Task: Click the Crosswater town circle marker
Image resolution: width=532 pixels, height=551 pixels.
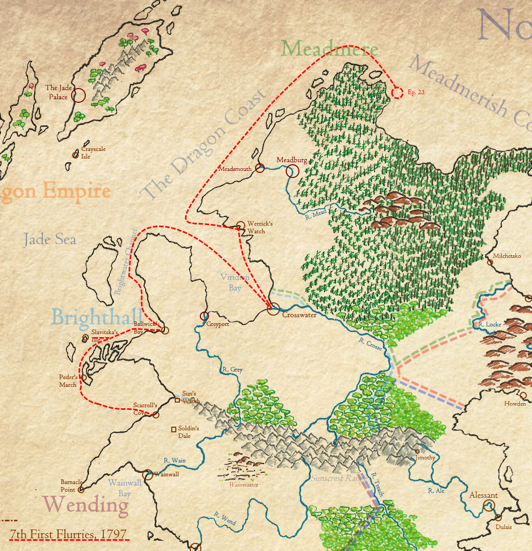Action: (274, 308)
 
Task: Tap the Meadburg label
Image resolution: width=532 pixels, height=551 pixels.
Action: (292, 160)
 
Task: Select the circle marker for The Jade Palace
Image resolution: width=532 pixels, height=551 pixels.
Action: (78, 95)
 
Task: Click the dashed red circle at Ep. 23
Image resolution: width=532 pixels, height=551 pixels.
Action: (397, 93)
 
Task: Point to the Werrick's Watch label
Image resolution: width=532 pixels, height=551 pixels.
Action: (260, 227)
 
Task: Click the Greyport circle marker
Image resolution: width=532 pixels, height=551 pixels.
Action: (204, 316)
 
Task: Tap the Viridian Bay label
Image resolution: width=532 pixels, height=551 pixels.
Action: (235, 282)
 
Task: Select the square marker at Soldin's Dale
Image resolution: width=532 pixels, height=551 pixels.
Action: (174, 429)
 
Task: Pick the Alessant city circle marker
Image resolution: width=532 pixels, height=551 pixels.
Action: (490, 506)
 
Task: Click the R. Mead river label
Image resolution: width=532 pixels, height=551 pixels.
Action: (315, 216)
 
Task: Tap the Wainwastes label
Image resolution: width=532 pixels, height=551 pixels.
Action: (243, 484)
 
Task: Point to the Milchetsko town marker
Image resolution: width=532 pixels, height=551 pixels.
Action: (490, 262)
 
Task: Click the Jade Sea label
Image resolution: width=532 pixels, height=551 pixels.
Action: (50, 239)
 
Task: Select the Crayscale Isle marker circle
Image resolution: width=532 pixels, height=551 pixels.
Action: (76, 155)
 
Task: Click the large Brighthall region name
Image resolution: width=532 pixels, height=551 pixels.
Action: (96, 317)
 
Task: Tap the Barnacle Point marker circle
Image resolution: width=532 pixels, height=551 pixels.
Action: (80, 490)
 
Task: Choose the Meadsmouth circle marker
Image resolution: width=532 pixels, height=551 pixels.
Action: (260, 168)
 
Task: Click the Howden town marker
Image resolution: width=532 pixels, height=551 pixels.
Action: (523, 395)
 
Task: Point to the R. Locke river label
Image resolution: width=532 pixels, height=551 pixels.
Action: (490, 324)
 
